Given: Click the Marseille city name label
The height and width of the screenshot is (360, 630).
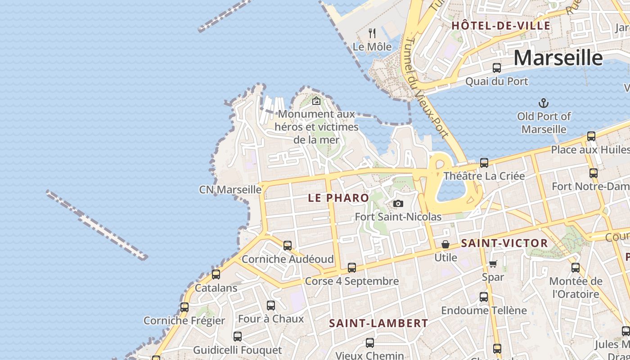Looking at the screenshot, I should [x=558, y=58].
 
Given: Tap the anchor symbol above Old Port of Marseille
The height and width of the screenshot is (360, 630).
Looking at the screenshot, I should [x=544, y=103].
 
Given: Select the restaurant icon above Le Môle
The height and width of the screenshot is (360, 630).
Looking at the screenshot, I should [x=372, y=33].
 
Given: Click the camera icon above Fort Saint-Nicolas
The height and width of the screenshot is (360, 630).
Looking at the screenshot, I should [x=398, y=204].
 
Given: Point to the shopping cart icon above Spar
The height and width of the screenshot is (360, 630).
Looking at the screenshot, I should [x=493, y=264].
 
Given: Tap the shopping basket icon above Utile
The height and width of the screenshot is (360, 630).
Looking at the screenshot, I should [x=445, y=244].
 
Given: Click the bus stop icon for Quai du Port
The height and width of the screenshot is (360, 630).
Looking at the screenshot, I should [x=497, y=68].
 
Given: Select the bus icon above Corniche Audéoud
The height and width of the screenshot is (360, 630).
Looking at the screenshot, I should [x=288, y=246].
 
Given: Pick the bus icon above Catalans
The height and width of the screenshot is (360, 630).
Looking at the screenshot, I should [x=216, y=274].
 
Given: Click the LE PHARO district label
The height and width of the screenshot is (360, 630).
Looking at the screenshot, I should [x=338, y=198].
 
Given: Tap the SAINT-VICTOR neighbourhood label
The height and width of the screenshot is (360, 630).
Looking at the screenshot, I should [x=504, y=243].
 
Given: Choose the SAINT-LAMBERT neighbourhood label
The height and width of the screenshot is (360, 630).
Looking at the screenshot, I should [x=378, y=323].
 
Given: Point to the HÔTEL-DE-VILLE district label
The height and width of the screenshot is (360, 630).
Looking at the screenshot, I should [x=501, y=26].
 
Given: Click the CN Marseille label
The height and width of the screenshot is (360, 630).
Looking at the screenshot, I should [x=230, y=190].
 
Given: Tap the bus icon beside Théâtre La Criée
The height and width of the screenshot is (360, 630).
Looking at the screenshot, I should [x=484, y=163].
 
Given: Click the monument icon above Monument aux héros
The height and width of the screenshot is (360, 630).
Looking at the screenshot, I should [x=316, y=101].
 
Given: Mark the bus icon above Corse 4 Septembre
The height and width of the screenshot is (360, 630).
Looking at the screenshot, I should [x=352, y=268].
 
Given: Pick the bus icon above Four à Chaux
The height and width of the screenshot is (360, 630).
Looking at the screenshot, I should [x=271, y=306].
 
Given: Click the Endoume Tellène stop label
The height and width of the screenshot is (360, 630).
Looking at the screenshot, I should [x=484, y=310].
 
